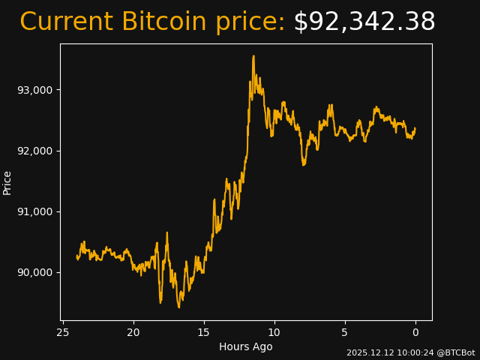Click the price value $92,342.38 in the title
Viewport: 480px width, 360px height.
point(364,22)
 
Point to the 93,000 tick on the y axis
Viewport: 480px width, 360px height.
point(35,90)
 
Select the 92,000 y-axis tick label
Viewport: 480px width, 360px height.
point(35,151)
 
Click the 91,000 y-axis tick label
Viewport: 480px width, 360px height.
point(35,211)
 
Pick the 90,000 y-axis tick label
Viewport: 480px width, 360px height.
point(35,272)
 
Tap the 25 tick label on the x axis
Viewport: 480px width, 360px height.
point(63,332)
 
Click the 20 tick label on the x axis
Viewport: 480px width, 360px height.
point(133,332)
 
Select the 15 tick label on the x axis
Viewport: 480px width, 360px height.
point(204,332)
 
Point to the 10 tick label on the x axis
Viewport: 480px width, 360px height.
point(274,332)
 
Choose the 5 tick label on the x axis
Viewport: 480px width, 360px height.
point(345,332)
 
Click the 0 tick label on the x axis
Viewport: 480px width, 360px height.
point(415,332)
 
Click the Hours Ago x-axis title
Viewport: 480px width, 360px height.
point(246,346)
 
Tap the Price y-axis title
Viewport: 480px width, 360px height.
point(7,182)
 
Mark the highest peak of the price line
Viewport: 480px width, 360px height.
point(253,55)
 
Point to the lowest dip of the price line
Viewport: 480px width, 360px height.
point(178,307)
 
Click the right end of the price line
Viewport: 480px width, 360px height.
point(415,129)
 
